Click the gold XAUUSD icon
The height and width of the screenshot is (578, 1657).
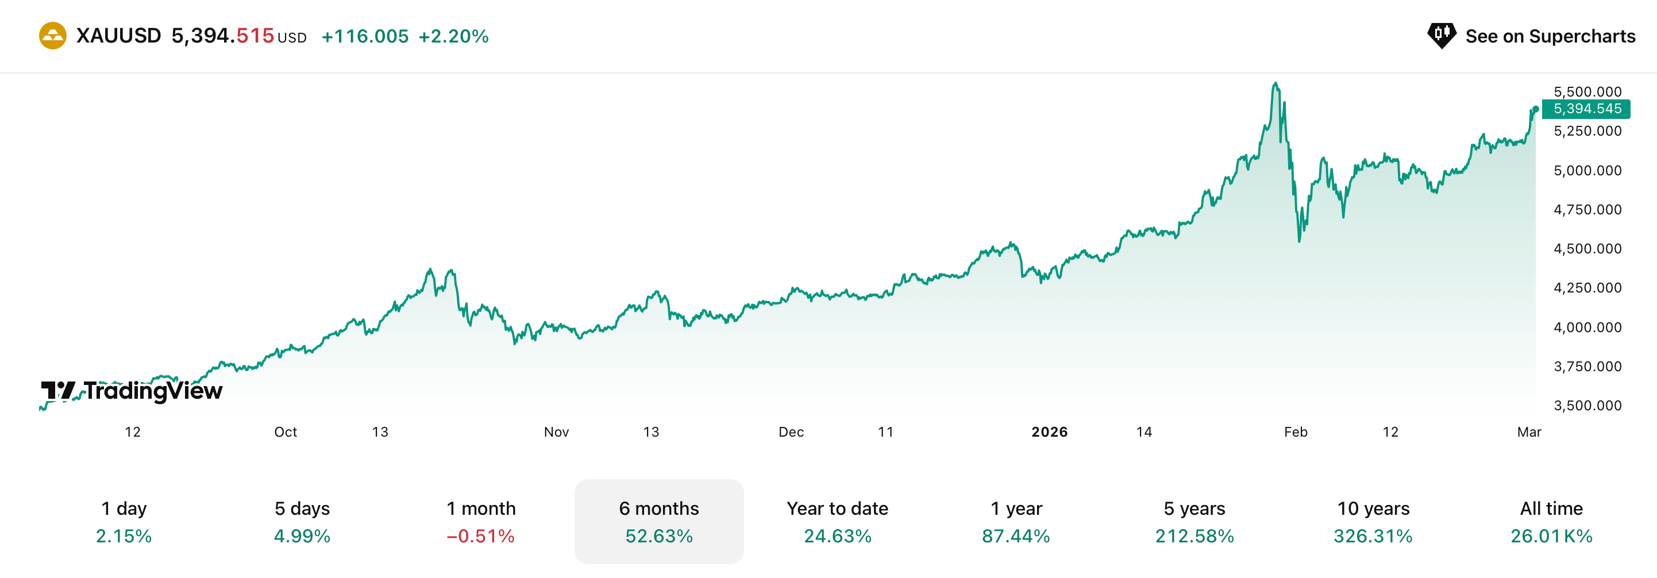[53, 36]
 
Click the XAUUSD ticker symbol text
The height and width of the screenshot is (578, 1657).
[119, 36]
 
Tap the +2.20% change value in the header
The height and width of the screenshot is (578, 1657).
[453, 37]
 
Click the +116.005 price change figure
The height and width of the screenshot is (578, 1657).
[365, 37]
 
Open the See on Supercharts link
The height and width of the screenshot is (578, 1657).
[1531, 36]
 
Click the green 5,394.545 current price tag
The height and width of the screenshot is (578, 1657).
[1586, 109]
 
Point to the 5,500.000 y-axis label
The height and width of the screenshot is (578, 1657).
[1587, 91]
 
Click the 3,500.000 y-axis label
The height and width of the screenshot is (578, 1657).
[1587, 406]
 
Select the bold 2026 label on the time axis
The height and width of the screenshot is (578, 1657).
[1049, 432]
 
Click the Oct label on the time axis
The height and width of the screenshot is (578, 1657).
[286, 432]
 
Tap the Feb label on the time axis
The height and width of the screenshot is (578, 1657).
[1296, 432]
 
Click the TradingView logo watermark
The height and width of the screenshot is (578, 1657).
[132, 390]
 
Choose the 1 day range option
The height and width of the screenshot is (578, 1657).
[124, 508]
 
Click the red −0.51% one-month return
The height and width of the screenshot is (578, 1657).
[480, 536]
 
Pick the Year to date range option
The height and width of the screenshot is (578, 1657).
[837, 508]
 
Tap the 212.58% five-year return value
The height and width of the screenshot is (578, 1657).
[1194, 536]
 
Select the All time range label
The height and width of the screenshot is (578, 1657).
[1551, 508]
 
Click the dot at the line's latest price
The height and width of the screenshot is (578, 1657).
[1535, 109]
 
